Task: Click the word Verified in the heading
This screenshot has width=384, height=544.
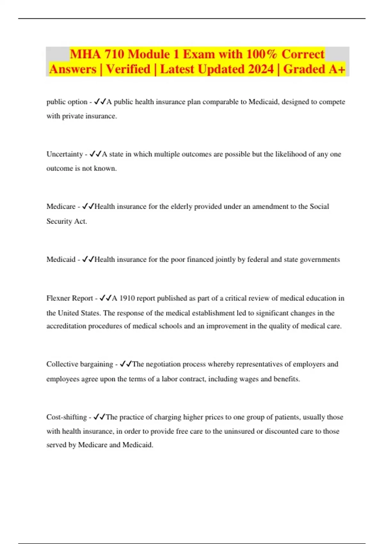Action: [128, 69]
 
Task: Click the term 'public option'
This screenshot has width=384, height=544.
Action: [67, 102]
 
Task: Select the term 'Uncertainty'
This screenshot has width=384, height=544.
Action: [65, 154]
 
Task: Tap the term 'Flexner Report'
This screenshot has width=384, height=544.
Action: [69, 298]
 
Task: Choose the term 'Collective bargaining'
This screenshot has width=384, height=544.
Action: [80, 364]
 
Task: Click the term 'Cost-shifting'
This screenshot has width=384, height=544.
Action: [67, 417]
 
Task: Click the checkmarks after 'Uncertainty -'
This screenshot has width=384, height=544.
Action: [95, 154]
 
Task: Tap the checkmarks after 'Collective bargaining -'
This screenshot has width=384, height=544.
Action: [125, 364]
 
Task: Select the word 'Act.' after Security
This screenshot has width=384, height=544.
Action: [81, 221]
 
